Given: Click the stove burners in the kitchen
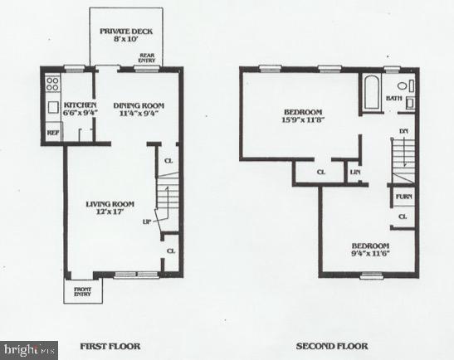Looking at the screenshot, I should (x=52, y=83).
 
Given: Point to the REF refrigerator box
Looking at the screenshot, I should (x=51, y=131).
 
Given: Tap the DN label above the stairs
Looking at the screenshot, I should (x=403, y=131).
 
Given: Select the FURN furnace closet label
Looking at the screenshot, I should (x=403, y=197).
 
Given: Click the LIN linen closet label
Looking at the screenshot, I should (x=355, y=172).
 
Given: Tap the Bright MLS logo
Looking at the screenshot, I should (x=28, y=350).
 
